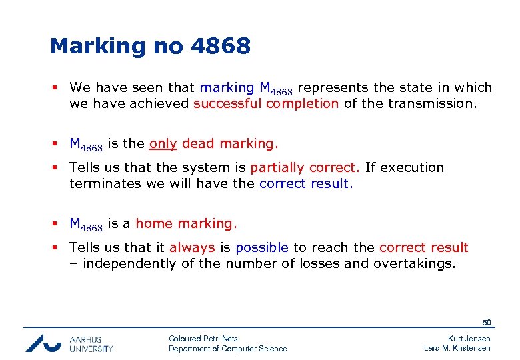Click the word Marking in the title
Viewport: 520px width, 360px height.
[97, 47]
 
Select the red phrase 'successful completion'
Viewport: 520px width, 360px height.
[266, 103]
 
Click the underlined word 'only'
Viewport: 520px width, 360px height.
[163, 143]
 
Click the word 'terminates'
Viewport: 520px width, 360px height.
[103, 183]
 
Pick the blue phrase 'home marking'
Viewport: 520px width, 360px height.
[186, 223]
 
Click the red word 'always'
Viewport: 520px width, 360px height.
[192, 247]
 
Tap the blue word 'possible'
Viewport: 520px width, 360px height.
[262, 247]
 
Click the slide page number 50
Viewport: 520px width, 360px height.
[487, 323]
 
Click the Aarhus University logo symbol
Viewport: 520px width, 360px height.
[44, 343]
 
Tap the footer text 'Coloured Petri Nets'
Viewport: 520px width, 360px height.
[203, 339]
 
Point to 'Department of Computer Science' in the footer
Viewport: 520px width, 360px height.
[228, 349]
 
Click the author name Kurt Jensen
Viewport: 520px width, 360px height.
[469, 339]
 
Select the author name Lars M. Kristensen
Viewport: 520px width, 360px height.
[457, 349]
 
